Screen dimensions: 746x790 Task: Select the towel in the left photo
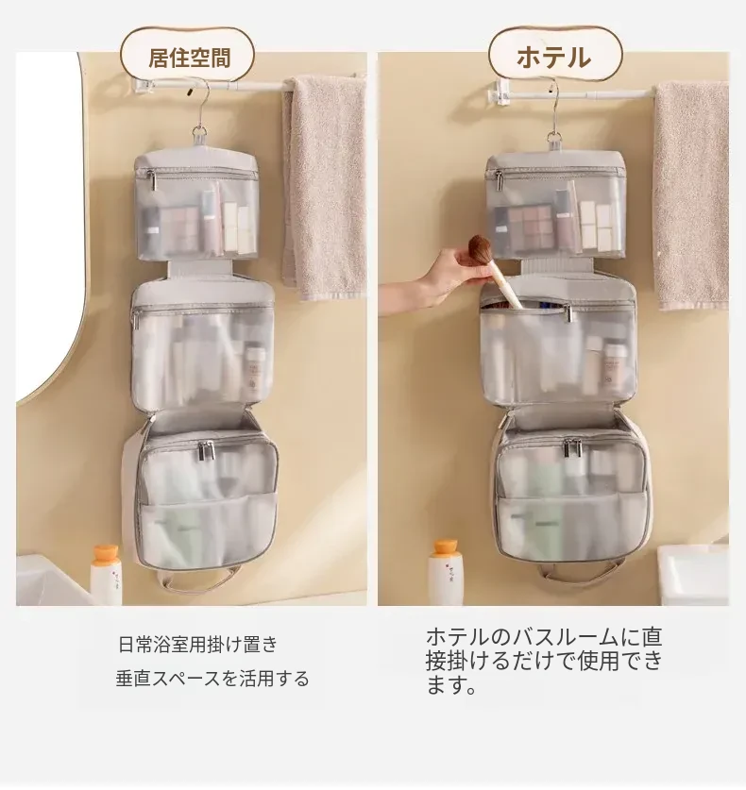coord(324,188)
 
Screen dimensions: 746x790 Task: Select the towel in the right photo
coord(691,195)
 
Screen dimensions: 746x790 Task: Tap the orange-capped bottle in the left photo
coord(106,575)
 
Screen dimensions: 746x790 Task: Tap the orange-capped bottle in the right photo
coord(446,573)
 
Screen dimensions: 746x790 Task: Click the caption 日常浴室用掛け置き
coord(198,645)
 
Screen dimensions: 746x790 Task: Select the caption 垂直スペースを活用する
coord(212,679)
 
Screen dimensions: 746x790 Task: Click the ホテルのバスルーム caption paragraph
coord(544,661)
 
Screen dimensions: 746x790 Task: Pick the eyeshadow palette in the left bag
coord(178,229)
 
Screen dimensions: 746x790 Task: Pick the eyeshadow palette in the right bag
coord(530,227)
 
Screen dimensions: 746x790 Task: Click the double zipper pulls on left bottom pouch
coord(206,450)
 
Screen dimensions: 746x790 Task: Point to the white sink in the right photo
coord(693,575)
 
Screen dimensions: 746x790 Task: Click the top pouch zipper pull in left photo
coord(150,180)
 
